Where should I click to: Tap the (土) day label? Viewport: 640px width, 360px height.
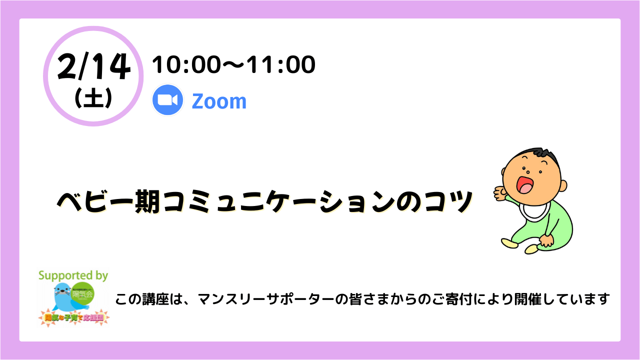coord(93,97)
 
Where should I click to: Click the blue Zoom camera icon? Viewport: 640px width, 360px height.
coord(168,100)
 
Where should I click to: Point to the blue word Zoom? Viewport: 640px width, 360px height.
coord(219,101)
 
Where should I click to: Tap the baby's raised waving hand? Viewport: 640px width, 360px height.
coord(499,192)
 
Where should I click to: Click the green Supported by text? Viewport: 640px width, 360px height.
coord(73,275)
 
